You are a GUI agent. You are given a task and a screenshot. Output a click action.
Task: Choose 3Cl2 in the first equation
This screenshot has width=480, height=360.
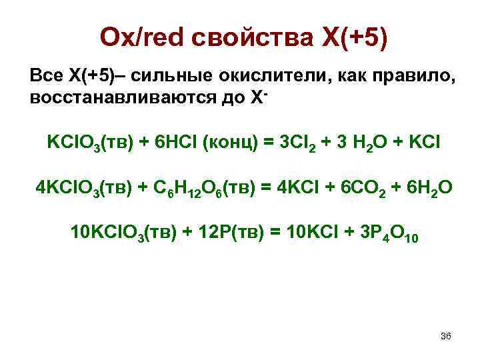[291, 143]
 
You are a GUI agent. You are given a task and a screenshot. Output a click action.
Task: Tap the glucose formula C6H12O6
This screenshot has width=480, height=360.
[187, 189]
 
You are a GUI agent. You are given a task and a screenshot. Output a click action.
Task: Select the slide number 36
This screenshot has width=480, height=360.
[446, 336]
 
